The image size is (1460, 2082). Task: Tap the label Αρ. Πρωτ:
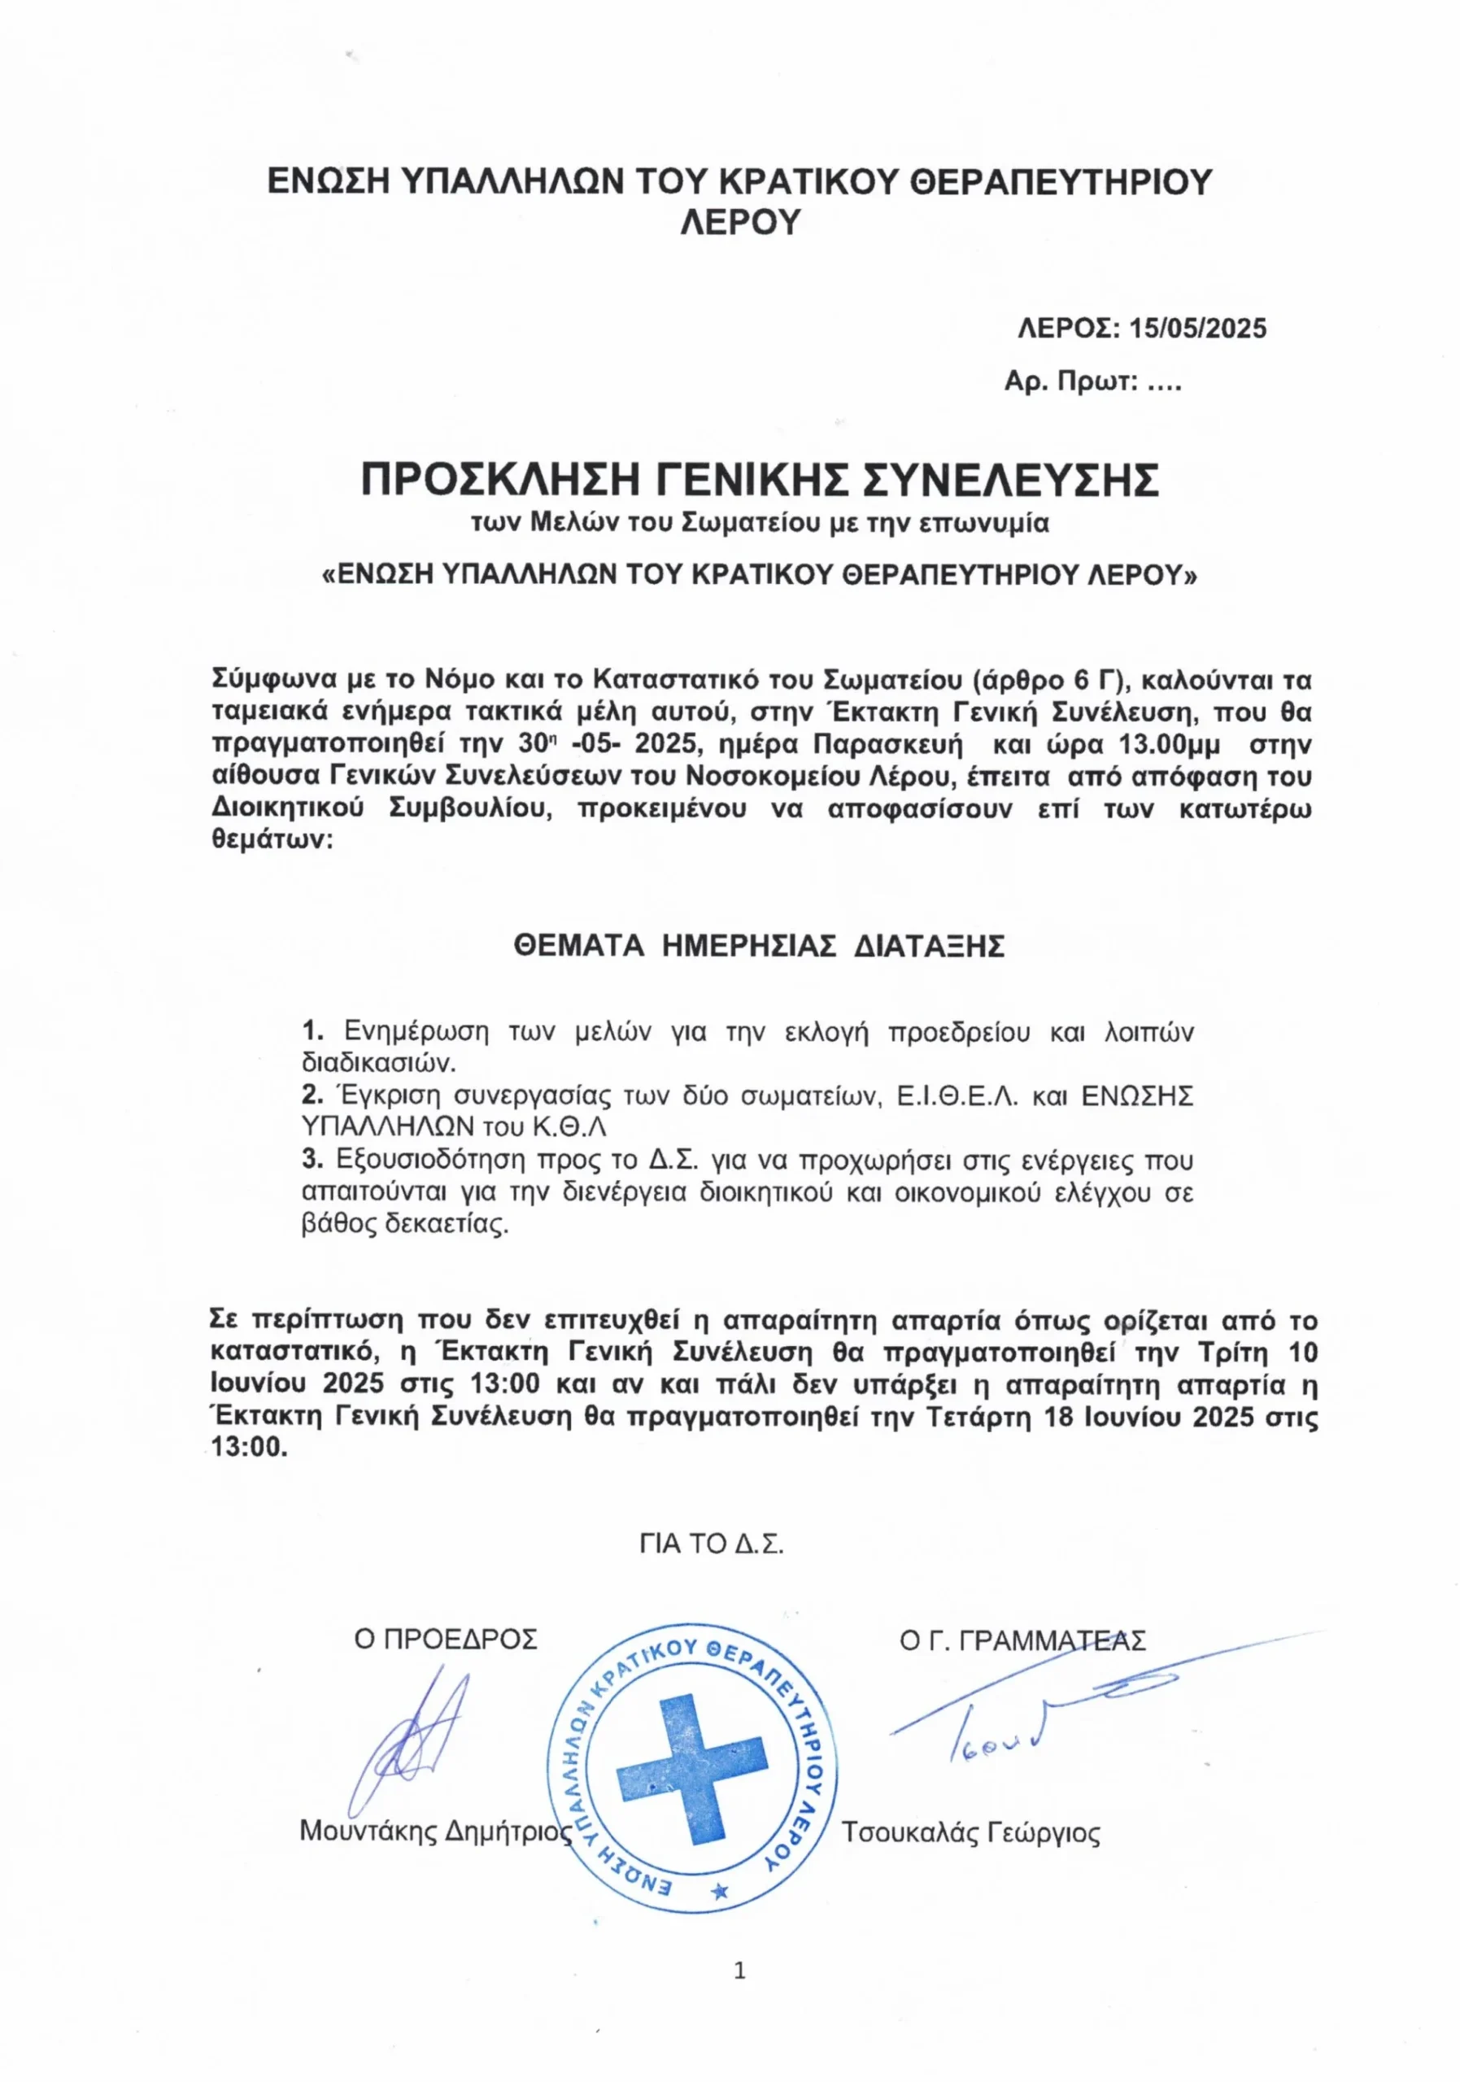[1070, 381]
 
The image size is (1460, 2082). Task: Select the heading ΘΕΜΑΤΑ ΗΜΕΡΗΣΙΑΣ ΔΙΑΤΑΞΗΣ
[759, 947]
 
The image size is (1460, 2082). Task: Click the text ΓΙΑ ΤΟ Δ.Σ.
[711, 1544]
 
